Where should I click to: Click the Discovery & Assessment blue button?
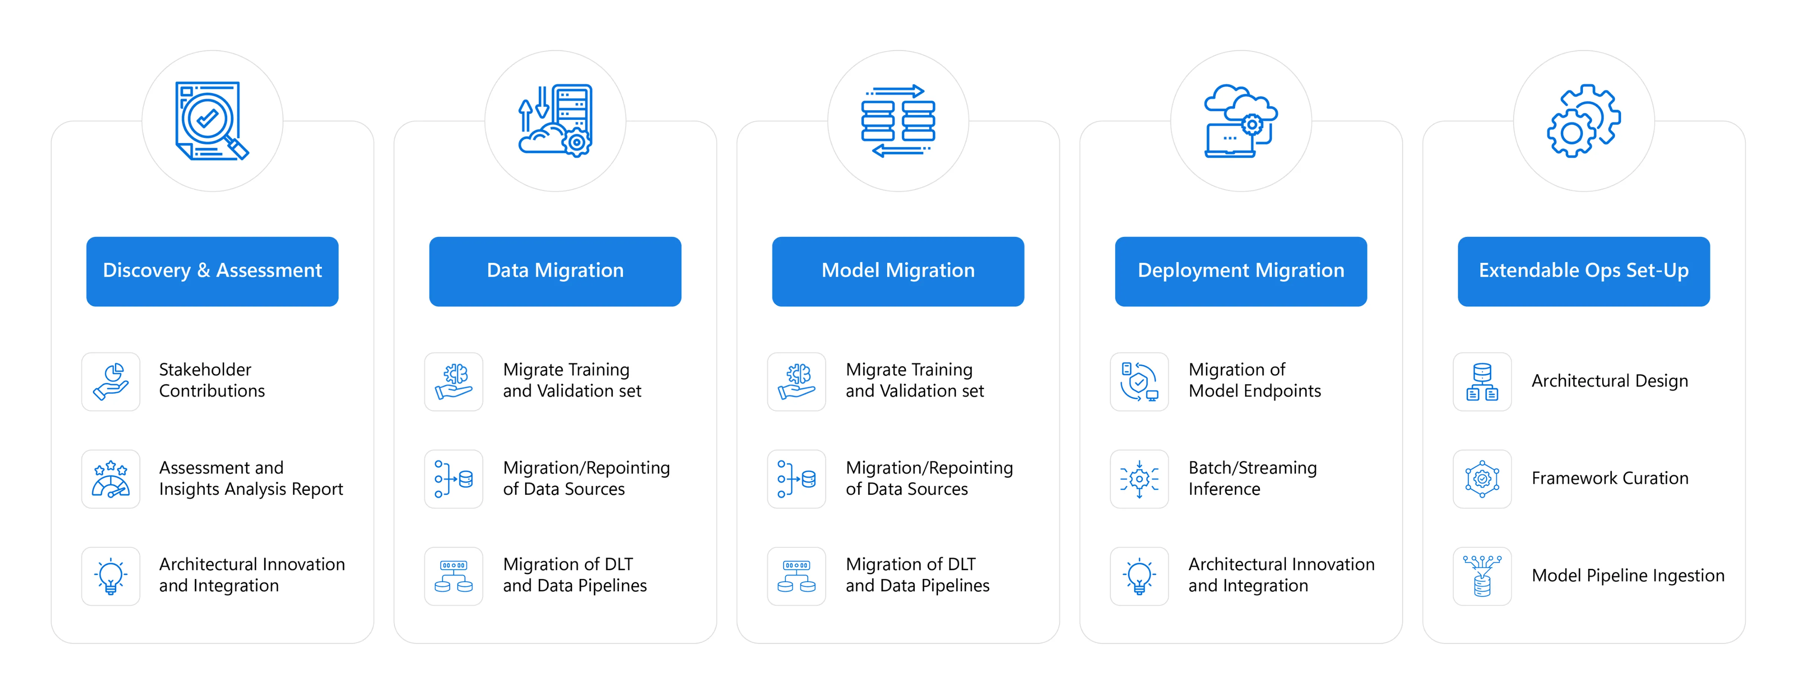pyautogui.click(x=212, y=271)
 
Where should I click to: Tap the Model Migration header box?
pyautogui.click(x=898, y=271)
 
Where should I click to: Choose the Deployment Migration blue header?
pyautogui.click(x=1240, y=271)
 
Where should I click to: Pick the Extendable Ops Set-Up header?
pyautogui.click(x=1584, y=271)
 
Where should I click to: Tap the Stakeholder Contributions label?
pyautogui.click(x=211, y=380)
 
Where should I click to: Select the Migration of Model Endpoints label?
pyautogui.click(x=1254, y=380)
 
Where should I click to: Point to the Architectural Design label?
pyautogui.click(x=1609, y=381)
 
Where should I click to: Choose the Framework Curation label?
pyautogui.click(x=1609, y=478)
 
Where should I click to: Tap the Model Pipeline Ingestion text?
pyautogui.click(x=1628, y=576)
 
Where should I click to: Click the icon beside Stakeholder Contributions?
pyautogui.click(x=111, y=382)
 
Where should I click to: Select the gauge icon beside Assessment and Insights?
pyautogui.click(x=111, y=479)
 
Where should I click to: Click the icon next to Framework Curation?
pyautogui.click(x=1482, y=479)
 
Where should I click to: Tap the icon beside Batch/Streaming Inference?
pyautogui.click(x=1139, y=479)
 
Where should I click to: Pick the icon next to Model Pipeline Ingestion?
pyautogui.click(x=1482, y=576)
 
